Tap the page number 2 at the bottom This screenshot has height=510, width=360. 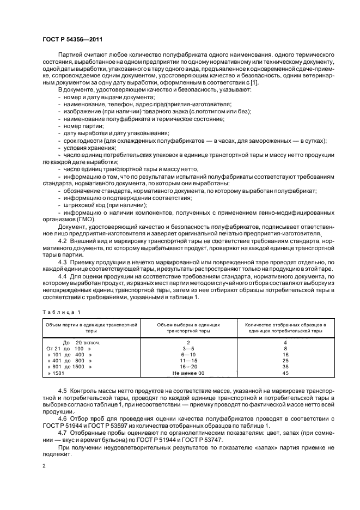click(x=44, y=466)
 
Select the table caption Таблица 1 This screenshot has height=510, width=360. click(x=60, y=311)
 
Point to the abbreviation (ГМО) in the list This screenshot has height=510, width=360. click(x=75, y=219)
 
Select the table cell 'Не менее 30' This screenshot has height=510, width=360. click(x=187, y=374)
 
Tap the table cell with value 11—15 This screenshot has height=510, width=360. click(x=187, y=361)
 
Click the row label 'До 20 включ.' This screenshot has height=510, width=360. click(x=82, y=342)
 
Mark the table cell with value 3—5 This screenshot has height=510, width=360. click(x=187, y=348)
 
